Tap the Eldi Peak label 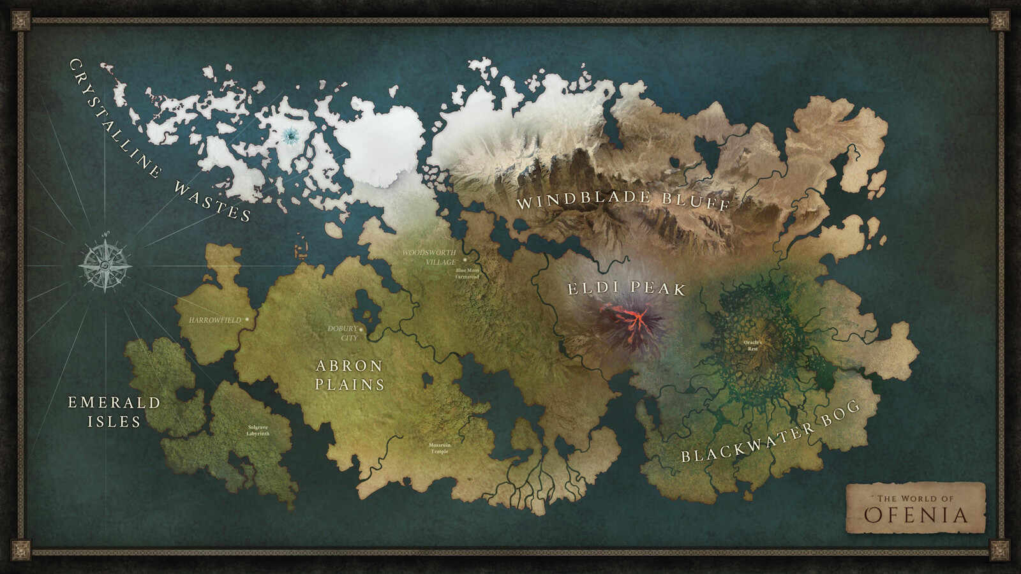point(626,288)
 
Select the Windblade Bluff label point(623,202)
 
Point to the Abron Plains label point(350,375)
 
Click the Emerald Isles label point(114,411)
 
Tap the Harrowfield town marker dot point(247,319)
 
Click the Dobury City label point(343,333)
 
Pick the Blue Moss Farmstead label point(467,274)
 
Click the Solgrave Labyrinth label point(258,430)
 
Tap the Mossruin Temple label point(440,448)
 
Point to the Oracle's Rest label point(753,346)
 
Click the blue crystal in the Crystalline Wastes point(291,135)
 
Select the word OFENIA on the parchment point(916,515)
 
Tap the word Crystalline point(115,118)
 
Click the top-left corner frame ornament point(20,20)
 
